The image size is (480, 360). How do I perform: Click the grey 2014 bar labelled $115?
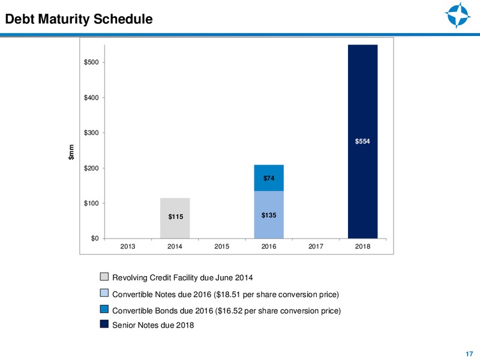click(x=175, y=218)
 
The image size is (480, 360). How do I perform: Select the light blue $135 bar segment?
click(x=269, y=215)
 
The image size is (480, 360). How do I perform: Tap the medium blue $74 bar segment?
click(x=269, y=178)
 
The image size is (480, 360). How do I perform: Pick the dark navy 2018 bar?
click(x=363, y=142)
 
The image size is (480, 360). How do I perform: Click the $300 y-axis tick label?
click(x=91, y=133)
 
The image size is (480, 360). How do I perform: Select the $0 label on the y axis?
click(x=95, y=238)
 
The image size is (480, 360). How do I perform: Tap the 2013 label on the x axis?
click(x=128, y=247)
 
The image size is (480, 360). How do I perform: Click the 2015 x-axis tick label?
click(x=222, y=247)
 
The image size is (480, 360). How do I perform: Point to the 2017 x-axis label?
click(x=316, y=247)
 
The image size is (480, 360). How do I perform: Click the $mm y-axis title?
click(x=71, y=152)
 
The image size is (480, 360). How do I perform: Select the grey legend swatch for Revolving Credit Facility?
click(x=104, y=277)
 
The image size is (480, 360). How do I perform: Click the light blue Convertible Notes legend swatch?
click(x=104, y=293)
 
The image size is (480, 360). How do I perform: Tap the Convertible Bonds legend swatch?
click(x=104, y=309)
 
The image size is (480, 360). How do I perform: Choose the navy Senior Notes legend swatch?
click(x=104, y=324)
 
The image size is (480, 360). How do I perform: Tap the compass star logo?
click(x=458, y=15)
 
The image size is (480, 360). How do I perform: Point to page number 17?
click(x=469, y=354)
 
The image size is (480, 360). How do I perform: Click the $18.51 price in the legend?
click(x=228, y=295)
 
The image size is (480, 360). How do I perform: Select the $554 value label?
click(x=362, y=141)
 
